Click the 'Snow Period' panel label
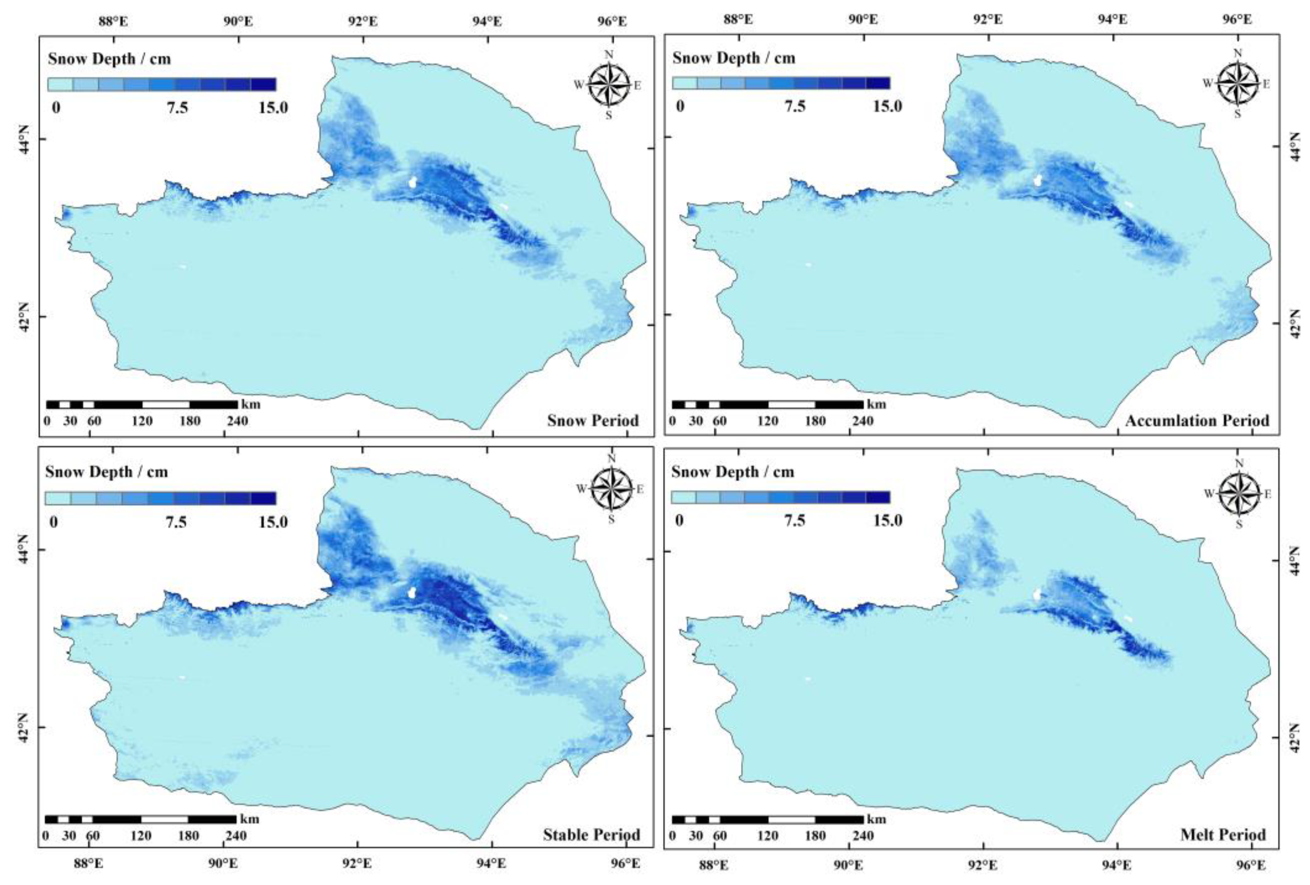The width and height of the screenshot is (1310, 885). [593, 421]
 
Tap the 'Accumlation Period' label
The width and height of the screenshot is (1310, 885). [1197, 421]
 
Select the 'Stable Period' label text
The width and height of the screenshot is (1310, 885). [591, 835]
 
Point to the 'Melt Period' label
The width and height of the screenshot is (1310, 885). [1223, 834]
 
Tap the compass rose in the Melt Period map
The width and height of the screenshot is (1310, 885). [1238, 494]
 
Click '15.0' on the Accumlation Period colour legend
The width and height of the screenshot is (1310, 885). [887, 106]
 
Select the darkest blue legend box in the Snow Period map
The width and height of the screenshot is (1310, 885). [263, 85]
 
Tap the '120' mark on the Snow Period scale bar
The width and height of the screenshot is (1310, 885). [142, 421]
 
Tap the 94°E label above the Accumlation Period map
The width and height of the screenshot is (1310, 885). [1112, 20]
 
